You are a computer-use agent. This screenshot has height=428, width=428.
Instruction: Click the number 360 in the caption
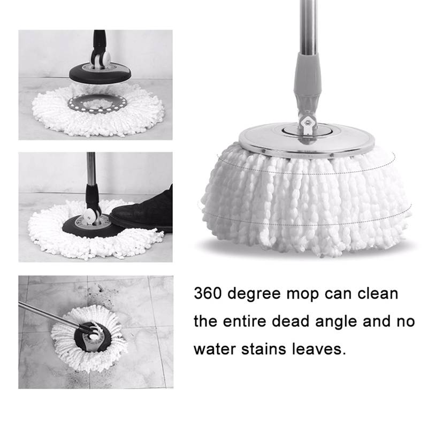point(208,294)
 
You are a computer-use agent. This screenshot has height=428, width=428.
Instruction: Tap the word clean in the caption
point(378,293)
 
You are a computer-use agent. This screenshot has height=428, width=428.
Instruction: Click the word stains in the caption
point(264,349)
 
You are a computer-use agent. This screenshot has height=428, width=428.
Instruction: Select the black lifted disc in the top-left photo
point(100,73)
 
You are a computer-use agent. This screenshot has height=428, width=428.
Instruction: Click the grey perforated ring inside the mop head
point(97,104)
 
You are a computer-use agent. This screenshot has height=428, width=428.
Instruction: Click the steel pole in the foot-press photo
point(91,169)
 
